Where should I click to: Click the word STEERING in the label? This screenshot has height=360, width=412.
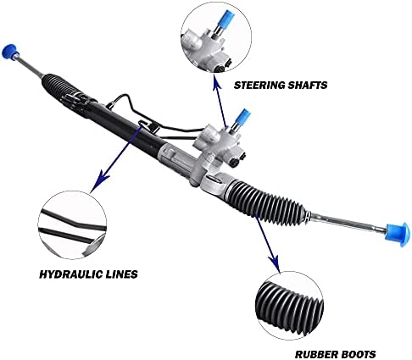pyautogui.click(x=259, y=85)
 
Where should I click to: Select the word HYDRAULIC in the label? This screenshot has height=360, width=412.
pyautogui.click(x=70, y=274)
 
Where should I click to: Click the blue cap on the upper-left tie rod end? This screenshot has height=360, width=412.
pyautogui.click(x=9, y=52)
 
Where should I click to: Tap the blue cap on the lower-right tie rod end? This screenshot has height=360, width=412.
pyautogui.click(x=398, y=234)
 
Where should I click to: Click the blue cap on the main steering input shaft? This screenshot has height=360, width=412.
pyautogui.click(x=242, y=118)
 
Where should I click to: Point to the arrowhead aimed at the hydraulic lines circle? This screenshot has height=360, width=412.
pyautogui.click(x=99, y=180)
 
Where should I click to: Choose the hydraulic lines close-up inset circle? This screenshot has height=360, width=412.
pyautogui.click(x=72, y=225)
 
